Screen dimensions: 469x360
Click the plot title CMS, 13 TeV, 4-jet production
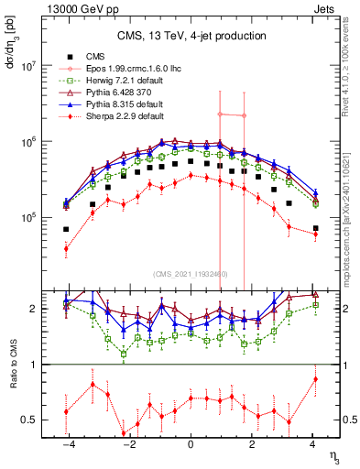click(x=191, y=36)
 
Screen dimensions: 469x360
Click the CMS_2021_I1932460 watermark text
click(x=191, y=274)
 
